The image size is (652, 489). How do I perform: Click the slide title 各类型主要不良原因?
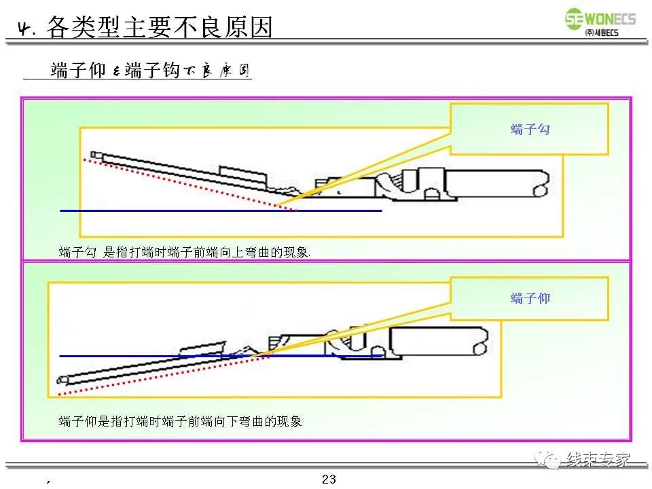pos(160,27)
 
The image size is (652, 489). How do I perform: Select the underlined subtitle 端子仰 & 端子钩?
pos(150,71)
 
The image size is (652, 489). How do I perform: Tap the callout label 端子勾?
pos(530,129)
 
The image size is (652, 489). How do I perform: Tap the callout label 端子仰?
pos(530,298)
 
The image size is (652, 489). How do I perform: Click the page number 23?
pos(329,479)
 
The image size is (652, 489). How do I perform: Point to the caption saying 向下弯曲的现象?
pos(180,421)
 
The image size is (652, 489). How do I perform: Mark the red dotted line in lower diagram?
pos(156,375)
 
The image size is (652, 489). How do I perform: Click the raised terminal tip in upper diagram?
pos(95,156)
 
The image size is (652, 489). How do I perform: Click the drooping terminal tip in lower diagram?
pos(62,380)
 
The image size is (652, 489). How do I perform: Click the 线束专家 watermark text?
pos(598,460)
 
